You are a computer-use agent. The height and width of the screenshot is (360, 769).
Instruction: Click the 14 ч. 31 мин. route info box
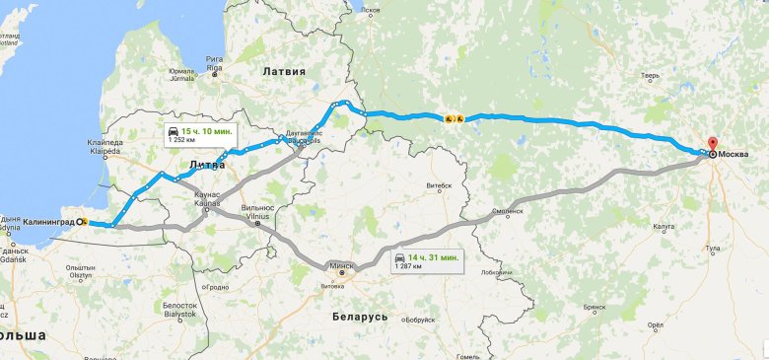pyautogui.click(x=426, y=261)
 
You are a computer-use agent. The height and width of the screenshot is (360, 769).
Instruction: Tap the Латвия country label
pyautogui.click(x=285, y=72)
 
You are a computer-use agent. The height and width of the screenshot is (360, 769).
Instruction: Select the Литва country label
pyautogui.click(x=207, y=165)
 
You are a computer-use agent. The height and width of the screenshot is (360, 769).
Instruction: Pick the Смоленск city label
pyautogui.click(x=508, y=210)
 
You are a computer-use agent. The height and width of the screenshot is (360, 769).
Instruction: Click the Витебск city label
pyautogui.click(x=438, y=185)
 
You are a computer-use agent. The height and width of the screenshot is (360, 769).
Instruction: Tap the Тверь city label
pyautogui.click(x=650, y=75)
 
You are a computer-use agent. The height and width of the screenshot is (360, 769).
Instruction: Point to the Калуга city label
pyautogui.click(x=664, y=226)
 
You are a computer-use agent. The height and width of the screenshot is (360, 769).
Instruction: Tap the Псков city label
pyautogui.click(x=370, y=11)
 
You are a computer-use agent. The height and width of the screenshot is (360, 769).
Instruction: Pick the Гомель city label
pyautogui.click(x=468, y=355)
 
